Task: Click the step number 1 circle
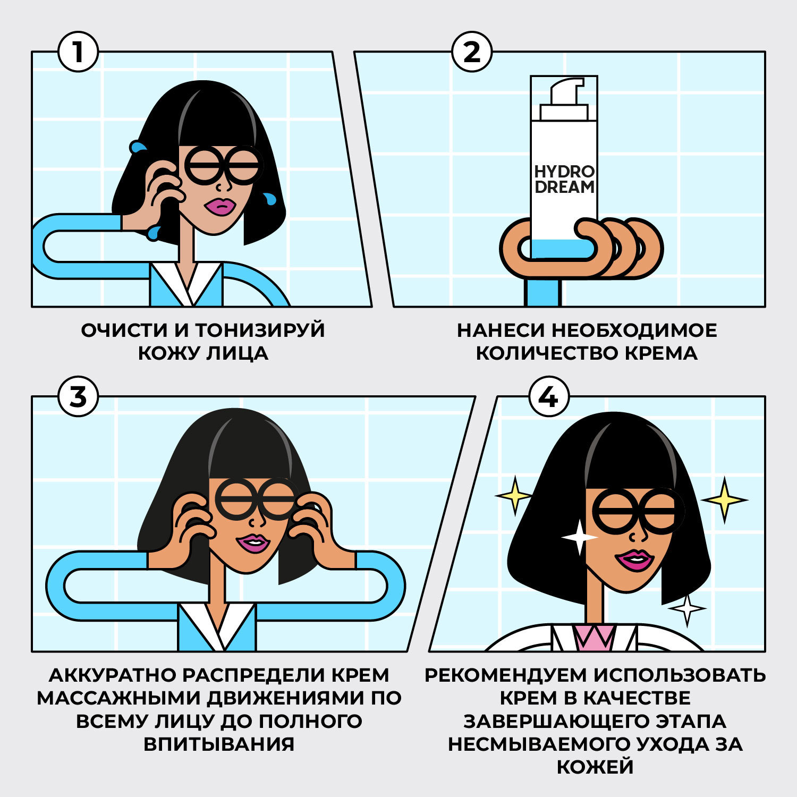click(x=78, y=52)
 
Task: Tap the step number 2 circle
click(x=472, y=52)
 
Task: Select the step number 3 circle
click(x=78, y=397)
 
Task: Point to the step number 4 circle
click(x=549, y=397)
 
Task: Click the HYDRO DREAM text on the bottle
click(x=564, y=180)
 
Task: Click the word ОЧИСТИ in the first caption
click(x=124, y=330)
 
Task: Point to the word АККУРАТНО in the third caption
click(x=113, y=675)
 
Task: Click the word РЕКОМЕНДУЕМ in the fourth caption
click(x=505, y=675)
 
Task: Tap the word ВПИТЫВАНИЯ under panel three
click(x=219, y=744)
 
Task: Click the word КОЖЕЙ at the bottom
click(x=595, y=767)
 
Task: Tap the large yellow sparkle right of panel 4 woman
click(x=724, y=499)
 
